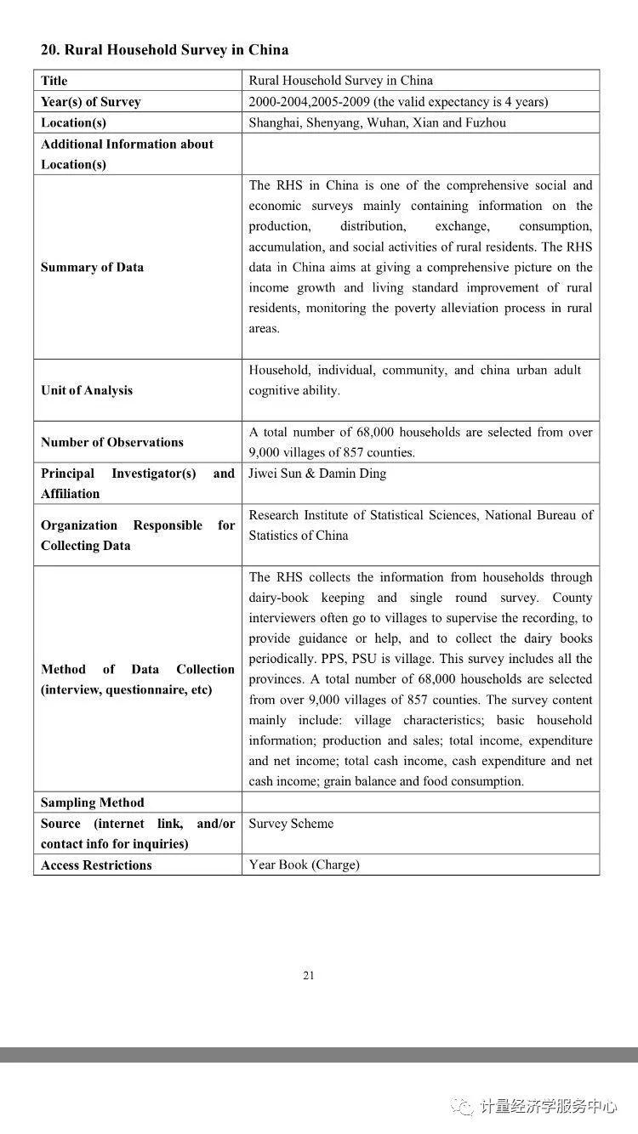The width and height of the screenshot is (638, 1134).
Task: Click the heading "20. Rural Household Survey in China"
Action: [164, 50]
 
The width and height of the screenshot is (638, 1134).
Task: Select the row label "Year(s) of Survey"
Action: [91, 102]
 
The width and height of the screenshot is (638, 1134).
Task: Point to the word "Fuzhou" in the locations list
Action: [486, 122]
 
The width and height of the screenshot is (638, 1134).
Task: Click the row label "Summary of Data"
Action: [92, 267]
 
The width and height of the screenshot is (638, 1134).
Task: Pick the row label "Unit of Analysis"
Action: [87, 390]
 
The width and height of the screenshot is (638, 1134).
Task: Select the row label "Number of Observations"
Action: [112, 442]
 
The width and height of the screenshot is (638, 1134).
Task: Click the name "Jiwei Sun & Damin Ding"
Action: [316, 473]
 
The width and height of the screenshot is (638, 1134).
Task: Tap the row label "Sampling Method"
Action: [93, 802]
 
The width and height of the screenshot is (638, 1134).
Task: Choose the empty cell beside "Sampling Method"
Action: [420, 802]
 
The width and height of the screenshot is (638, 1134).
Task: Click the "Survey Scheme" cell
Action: [291, 824]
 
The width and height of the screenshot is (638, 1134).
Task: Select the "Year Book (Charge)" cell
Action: [304, 865]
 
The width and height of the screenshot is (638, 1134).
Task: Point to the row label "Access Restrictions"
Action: [96, 865]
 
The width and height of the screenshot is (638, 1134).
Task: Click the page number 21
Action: [309, 976]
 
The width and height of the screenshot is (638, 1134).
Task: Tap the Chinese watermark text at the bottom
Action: [548, 1106]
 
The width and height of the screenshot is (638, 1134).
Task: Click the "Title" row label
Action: [54, 81]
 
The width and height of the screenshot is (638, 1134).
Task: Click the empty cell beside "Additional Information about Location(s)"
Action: [420, 154]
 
